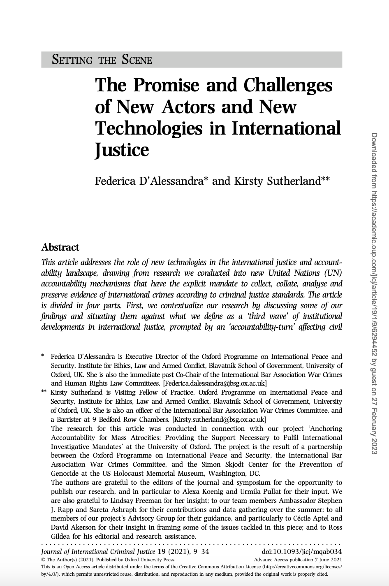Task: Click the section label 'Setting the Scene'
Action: (x=102, y=60)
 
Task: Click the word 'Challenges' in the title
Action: (x=288, y=85)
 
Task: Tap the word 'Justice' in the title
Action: (x=122, y=149)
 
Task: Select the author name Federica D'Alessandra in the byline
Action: (x=149, y=181)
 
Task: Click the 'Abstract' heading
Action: (x=60, y=247)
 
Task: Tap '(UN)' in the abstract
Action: (x=331, y=273)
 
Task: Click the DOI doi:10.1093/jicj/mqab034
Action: (x=302, y=552)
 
